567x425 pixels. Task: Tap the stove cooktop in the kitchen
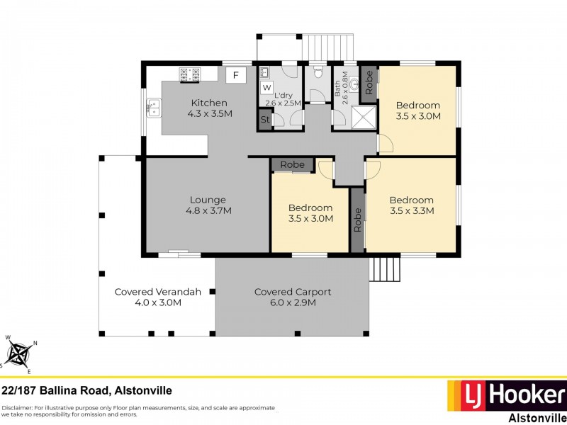(x=190, y=74)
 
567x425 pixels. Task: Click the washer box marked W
(x=266, y=88)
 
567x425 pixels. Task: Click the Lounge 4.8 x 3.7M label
(x=208, y=205)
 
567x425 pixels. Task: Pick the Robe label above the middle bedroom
(x=292, y=164)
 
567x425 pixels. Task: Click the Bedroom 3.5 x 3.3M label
(x=411, y=205)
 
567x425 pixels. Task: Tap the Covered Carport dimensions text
(x=293, y=302)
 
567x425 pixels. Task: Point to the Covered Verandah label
(x=148, y=297)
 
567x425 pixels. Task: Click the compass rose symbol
(x=19, y=353)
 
